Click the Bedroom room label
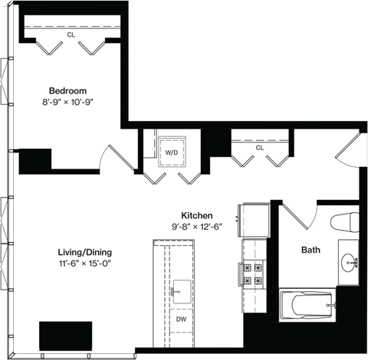(67, 88)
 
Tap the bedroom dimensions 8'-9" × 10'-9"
(67, 100)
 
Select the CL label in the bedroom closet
(71, 34)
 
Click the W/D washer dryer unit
(170, 151)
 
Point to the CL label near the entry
(259, 147)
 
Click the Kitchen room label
(196, 216)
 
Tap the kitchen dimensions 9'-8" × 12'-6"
(196, 227)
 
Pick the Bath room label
(310, 250)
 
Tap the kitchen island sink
(181, 289)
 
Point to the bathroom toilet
(346, 222)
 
